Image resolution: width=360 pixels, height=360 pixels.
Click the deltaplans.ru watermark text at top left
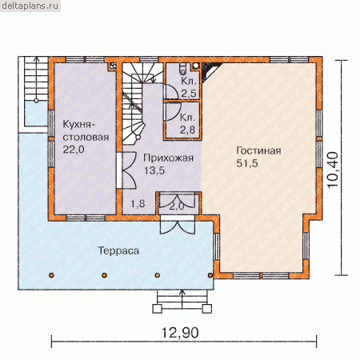coord(30,6)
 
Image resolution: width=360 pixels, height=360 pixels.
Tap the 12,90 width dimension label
coord(180,333)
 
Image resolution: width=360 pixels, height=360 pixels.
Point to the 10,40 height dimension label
coord(333,170)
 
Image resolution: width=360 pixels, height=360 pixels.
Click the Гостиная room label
coord(258,150)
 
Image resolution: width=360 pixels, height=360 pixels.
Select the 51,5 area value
coord(247,163)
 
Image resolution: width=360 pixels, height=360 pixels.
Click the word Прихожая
coord(168,158)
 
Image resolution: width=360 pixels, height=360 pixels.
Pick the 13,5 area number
coord(154,170)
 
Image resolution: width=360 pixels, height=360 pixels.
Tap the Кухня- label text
coord(78,125)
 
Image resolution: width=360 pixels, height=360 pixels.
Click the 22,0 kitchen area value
coord(74,150)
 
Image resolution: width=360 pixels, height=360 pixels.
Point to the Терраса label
coord(118,250)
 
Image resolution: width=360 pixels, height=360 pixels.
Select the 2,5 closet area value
coord(188,94)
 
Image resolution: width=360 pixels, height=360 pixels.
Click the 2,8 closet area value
coord(187,130)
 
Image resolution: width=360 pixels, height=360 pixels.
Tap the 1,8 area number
coord(138,204)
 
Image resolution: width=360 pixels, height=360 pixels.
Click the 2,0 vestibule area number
coord(177,206)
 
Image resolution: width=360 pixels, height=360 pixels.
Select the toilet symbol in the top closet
coord(183,69)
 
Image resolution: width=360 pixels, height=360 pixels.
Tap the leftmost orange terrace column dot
coord(51,275)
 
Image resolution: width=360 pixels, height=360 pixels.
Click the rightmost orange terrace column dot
coord(210,275)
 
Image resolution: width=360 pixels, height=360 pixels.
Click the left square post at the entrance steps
coord(157,309)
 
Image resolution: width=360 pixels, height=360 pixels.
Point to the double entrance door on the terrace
coord(178,226)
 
